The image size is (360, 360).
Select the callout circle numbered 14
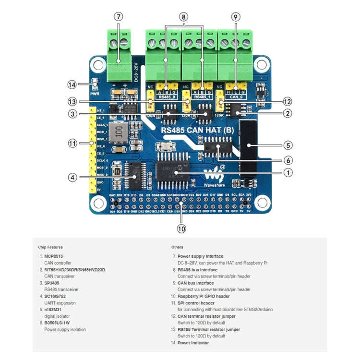pyautogui.click(x=72, y=84)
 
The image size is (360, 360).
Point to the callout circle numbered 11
pyautogui.click(x=72, y=143)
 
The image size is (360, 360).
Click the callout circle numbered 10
pyautogui.click(x=181, y=228)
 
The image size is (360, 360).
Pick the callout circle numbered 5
pyautogui.click(x=288, y=144)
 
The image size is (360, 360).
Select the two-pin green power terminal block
pyautogui.click(x=119, y=53)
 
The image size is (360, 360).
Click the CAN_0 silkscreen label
pyautogui.click(x=236, y=96)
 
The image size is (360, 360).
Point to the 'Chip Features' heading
pyautogui.click(x=50, y=247)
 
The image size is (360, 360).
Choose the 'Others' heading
pyautogui.click(x=177, y=247)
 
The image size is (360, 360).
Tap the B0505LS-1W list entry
pyautogui.click(x=57, y=323)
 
